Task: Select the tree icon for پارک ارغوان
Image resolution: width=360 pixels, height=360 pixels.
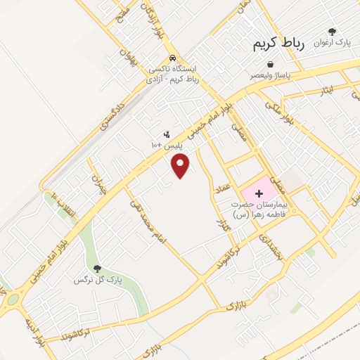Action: click(x=333, y=32)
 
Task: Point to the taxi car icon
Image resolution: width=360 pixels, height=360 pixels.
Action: click(x=173, y=58)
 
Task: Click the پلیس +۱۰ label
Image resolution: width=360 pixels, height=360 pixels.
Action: click(x=167, y=144)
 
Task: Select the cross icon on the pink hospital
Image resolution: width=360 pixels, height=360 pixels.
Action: click(x=258, y=192)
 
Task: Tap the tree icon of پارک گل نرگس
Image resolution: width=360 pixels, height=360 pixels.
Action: click(x=97, y=269)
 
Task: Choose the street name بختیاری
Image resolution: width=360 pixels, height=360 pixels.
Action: click(x=271, y=248)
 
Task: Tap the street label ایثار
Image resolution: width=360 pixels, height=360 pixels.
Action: click(x=330, y=91)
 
